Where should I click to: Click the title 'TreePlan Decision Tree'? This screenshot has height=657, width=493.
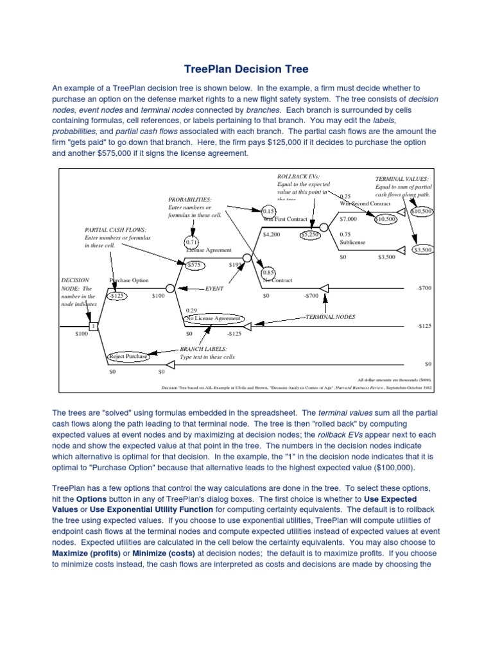coord(246,69)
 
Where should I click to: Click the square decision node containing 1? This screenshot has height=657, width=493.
coord(93,327)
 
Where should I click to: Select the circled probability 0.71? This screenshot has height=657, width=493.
coord(191,243)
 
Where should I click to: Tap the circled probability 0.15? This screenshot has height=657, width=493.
coord(268,211)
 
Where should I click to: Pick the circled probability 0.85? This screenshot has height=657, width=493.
coord(268,272)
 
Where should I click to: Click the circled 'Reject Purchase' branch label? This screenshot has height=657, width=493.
coord(128,355)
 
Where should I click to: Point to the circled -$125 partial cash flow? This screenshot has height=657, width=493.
coord(117,296)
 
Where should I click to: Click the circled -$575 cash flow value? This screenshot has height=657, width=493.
coord(195,264)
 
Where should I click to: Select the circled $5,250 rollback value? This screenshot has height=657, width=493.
coord(310,235)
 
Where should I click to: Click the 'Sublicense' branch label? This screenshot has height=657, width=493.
coord(354,243)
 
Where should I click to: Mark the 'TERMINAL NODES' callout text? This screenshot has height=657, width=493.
coord(330,317)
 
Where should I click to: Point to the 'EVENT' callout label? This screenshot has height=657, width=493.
coord(214,289)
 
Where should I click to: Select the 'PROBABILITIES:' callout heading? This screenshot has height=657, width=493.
coord(190,200)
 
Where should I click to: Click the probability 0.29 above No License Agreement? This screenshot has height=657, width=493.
coord(191,310)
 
